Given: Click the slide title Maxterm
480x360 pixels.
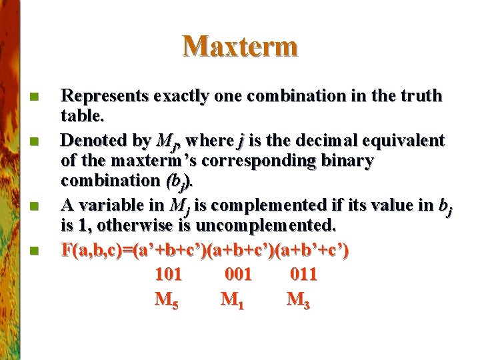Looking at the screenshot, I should pyautogui.click(x=240, y=46).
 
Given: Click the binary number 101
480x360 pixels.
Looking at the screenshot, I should pyautogui.click(x=168, y=274).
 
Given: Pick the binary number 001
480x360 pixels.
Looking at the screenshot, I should pyautogui.click(x=238, y=274).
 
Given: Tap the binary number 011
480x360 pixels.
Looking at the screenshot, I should pyautogui.click(x=303, y=274).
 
